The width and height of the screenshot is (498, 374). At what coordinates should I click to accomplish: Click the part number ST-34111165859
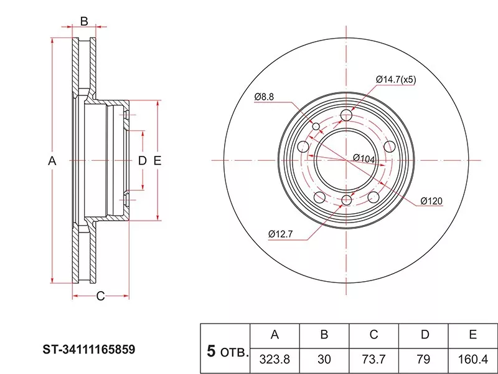tap(89, 350)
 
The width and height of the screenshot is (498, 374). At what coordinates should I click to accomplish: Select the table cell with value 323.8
tap(275, 360)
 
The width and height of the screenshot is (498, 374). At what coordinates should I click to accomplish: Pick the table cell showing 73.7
tap(374, 360)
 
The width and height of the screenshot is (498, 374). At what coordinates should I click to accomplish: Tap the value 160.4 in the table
tap(473, 360)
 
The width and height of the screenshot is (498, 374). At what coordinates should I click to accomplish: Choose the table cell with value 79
tap(423, 360)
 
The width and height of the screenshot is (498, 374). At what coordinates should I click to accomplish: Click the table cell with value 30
tap(324, 360)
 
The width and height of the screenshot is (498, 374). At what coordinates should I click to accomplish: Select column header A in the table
tap(275, 335)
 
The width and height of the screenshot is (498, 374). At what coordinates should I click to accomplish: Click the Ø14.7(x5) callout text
tap(396, 79)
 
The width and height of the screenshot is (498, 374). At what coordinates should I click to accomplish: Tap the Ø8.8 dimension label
tap(264, 97)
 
